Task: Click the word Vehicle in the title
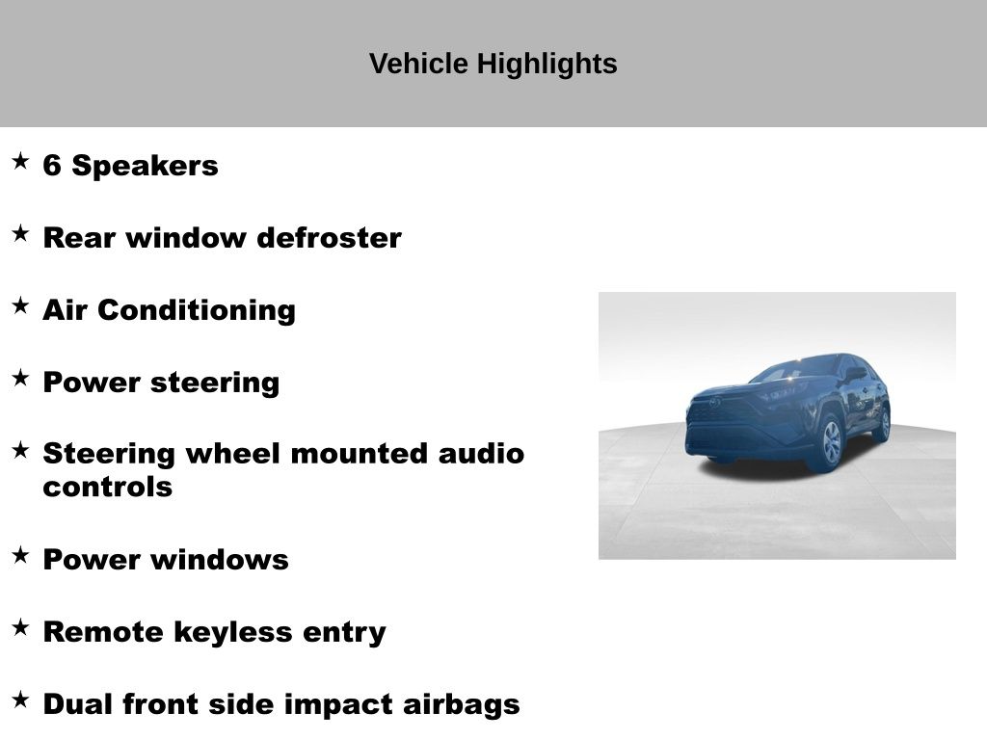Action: pos(418,64)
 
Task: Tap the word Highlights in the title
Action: pos(547,65)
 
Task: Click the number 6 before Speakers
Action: pos(52,166)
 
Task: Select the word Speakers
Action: pos(145,167)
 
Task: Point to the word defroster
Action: pos(330,238)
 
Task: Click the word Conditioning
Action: pos(197,311)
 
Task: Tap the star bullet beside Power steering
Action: pos(20,378)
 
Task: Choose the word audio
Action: pos(482,454)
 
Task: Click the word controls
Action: pos(108,487)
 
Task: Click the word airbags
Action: pos(462,705)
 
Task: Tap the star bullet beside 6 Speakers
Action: pos(20,161)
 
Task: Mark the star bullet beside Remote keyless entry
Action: pos(20,627)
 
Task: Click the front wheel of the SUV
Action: pos(831,441)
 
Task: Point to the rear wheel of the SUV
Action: pos(884,424)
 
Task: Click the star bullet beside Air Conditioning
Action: pos(20,305)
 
